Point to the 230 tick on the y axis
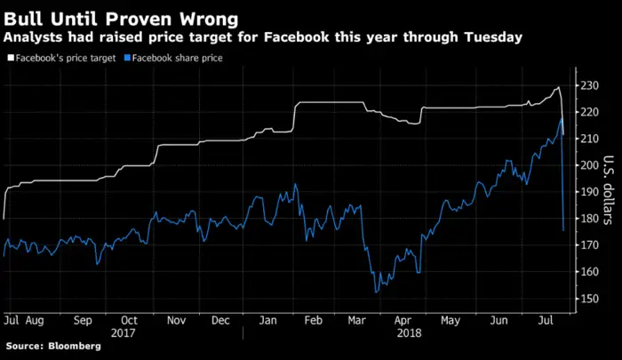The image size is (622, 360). (x=594, y=85)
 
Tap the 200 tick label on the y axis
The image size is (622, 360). (x=594, y=165)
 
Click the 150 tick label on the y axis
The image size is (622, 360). (x=594, y=299)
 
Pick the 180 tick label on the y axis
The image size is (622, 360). (x=594, y=219)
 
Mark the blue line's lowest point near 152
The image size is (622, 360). (x=377, y=292)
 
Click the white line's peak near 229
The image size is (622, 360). (x=557, y=87)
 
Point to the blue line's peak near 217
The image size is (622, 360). (x=561, y=118)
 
